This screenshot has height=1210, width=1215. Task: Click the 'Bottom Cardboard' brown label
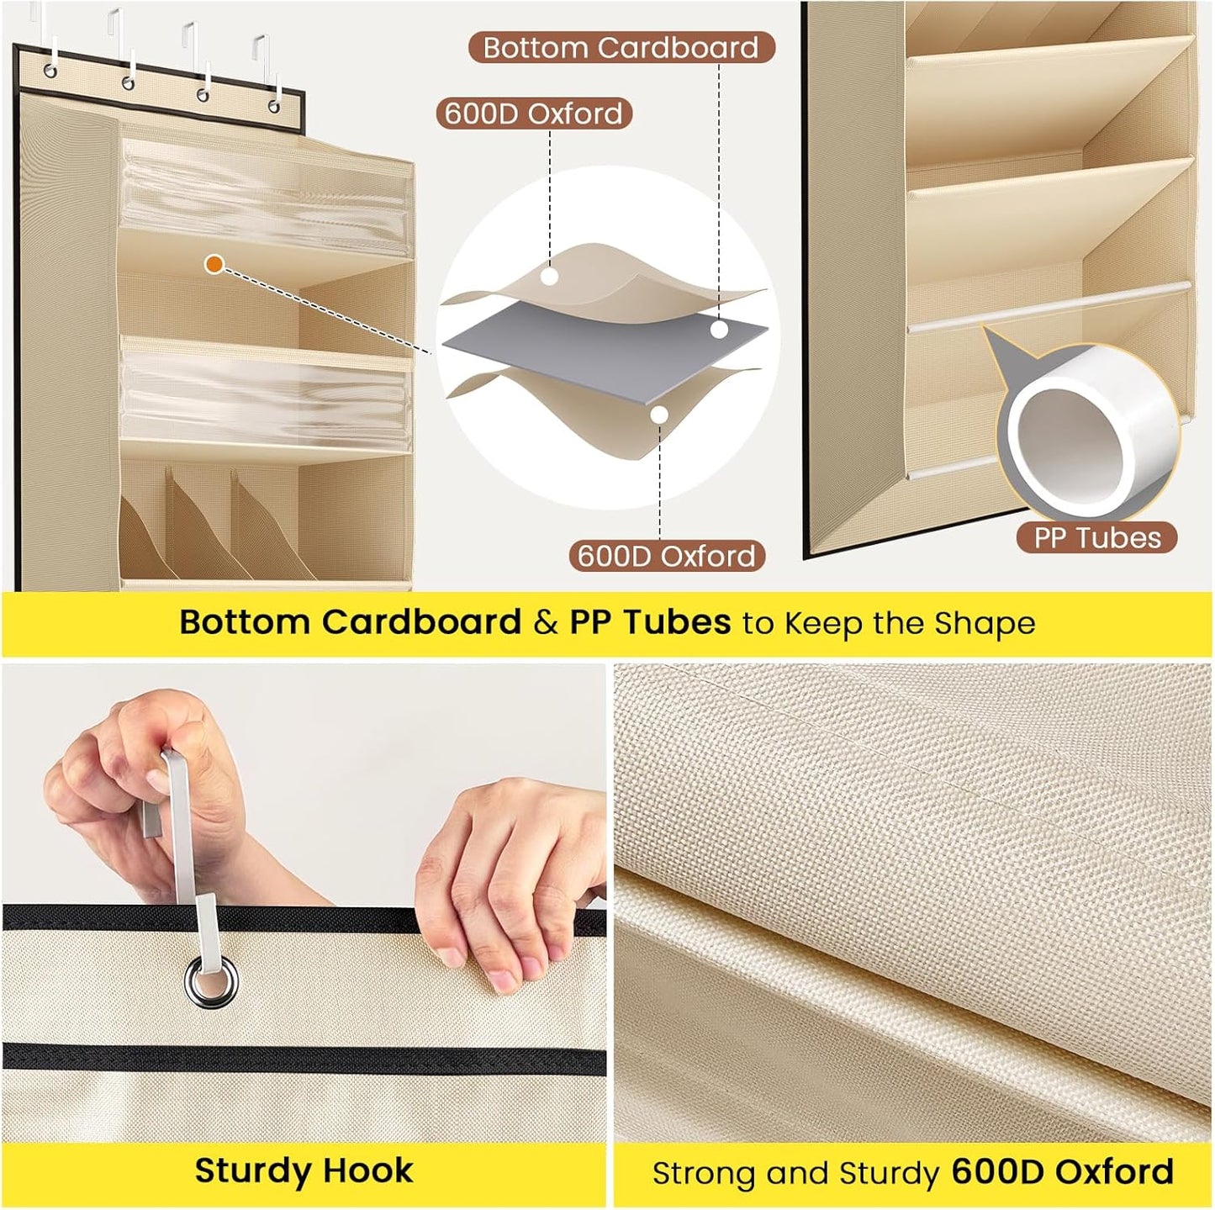point(621,48)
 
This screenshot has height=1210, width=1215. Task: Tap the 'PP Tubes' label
point(1097,538)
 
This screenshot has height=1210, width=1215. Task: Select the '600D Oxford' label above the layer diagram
point(534,114)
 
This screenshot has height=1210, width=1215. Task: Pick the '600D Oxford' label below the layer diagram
point(667,556)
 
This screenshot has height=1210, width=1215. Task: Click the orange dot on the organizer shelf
point(215,264)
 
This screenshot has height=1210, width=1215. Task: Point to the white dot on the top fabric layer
point(551,276)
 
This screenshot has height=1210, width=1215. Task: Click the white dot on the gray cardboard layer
point(720,329)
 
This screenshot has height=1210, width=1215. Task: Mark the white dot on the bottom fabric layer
point(659,415)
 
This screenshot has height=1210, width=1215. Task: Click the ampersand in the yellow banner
point(546,622)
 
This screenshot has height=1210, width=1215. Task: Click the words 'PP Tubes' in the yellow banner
point(650,622)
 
